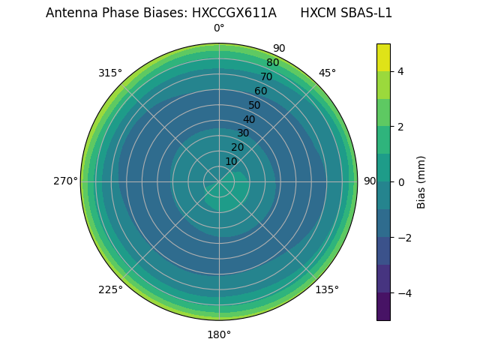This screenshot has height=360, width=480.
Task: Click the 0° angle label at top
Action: (219, 28)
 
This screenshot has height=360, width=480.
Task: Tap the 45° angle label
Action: (327, 73)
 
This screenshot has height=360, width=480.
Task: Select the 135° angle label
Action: (327, 289)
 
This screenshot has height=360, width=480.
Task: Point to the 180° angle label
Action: (219, 334)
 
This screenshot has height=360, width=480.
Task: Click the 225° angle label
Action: (110, 289)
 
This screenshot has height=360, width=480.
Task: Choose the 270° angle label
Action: (65, 181)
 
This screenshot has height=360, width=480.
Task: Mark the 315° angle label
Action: (110, 73)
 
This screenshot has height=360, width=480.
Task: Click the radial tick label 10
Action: (231, 161)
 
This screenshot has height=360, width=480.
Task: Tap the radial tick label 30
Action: (243, 133)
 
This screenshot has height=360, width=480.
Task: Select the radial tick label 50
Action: (254, 105)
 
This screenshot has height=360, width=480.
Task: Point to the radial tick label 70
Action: (266, 76)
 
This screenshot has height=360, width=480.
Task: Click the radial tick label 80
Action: (272, 62)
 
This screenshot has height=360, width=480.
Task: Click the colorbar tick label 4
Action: (401, 71)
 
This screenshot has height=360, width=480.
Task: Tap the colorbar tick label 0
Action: (401, 181)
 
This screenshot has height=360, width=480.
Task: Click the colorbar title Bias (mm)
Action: (421, 181)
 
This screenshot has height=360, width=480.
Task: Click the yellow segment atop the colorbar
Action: (383, 57)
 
